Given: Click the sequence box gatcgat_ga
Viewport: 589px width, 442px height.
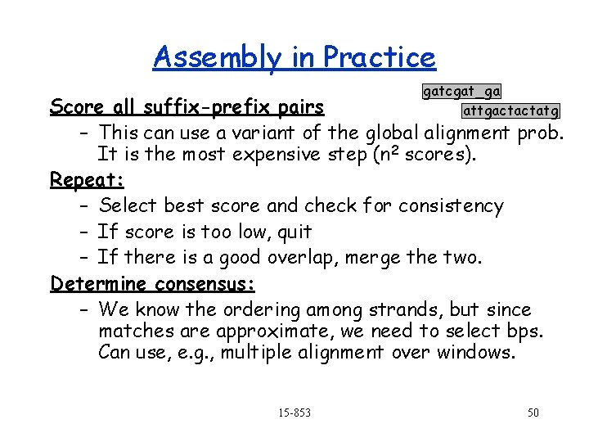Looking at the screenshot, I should point(461,92).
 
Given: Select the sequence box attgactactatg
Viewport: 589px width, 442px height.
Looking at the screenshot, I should point(511,110).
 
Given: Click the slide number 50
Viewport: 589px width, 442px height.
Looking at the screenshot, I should point(533,413).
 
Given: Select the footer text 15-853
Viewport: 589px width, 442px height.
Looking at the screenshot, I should point(294,413).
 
